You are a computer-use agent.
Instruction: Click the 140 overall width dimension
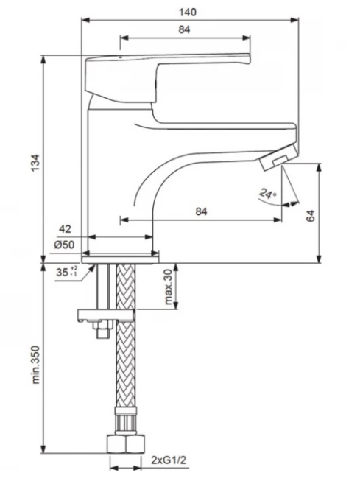pos(188,13)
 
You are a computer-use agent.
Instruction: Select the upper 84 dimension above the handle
pos(184,29)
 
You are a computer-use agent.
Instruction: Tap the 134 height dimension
pos(35,163)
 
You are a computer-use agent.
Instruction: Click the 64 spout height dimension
pos(311,216)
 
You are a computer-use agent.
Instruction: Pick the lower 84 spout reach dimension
pos(201,211)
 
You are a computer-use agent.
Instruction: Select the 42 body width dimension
pos(65,228)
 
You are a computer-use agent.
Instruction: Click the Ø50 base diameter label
pos(64,245)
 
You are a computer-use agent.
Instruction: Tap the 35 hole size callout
pos(67,272)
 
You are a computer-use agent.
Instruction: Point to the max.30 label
pos(169,287)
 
